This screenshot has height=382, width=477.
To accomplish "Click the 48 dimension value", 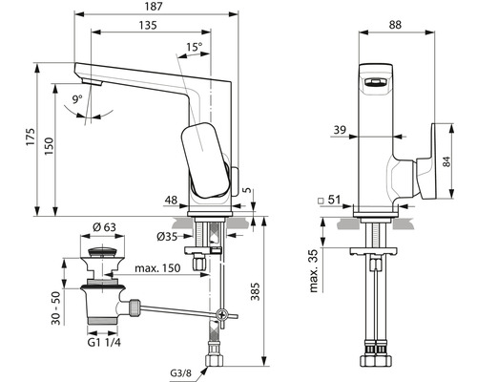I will (172, 201).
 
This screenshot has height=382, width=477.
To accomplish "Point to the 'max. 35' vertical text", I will (315, 270).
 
